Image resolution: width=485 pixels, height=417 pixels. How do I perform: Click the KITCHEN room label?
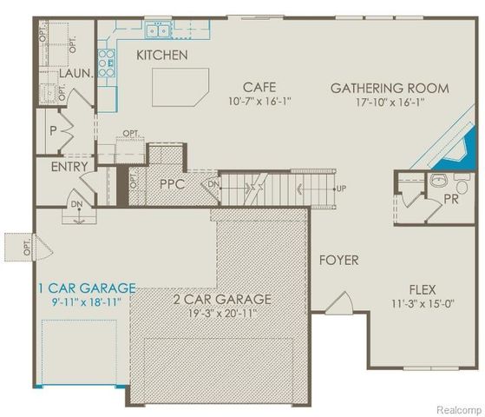[x=161, y=55]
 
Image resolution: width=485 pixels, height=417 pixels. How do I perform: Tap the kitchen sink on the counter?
[x=158, y=31]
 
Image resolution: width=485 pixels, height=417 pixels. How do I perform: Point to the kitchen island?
[x=180, y=87]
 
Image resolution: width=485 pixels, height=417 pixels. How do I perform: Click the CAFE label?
[x=259, y=87]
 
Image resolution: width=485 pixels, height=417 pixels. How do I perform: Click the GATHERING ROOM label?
[x=390, y=88]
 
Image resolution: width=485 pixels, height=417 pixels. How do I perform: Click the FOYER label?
[x=338, y=260]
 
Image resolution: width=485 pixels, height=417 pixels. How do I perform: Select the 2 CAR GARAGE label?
[x=222, y=300]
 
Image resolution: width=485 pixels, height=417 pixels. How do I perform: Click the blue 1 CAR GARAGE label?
[x=86, y=288]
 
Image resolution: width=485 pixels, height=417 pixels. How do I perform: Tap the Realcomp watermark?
[x=455, y=408]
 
